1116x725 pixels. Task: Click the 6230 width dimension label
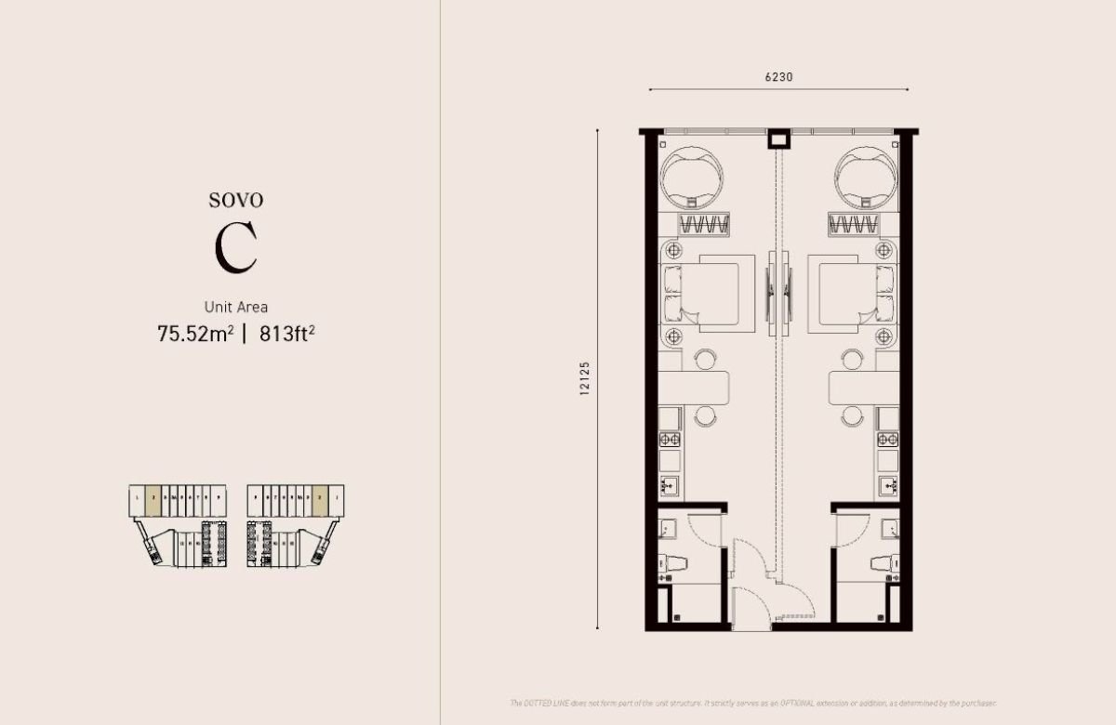(x=778, y=77)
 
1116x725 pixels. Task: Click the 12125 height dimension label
(x=585, y=379)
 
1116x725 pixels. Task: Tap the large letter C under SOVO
(x=235, y=248)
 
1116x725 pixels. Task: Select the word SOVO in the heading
(x=235, y=200)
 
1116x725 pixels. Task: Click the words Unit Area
(x=236, y=306)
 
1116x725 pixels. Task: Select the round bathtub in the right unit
(x=866, y=177)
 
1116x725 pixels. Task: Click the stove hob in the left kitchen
(x=671, y=439)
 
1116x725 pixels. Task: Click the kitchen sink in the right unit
(x=887, y=485)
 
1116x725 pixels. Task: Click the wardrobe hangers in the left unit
(x=704, y=224)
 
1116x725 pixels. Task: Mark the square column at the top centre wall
(x=778, y=140)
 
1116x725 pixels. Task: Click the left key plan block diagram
(x=179, y=525)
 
